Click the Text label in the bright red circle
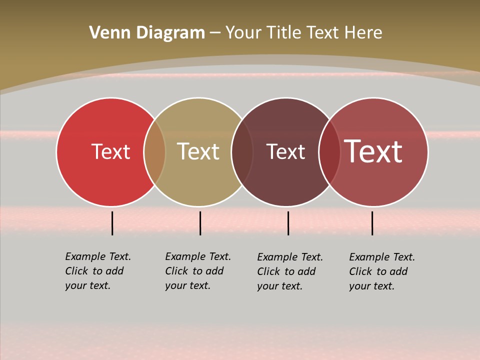[110, 152]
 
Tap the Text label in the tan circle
[198, 152]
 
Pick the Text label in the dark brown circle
[285, 152]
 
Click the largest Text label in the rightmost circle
[373, 151]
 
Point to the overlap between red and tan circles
[155, 152]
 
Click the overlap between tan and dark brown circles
[242, 152]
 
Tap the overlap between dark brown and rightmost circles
[329, 152]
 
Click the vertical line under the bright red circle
[112, 223]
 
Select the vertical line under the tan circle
[200, 223]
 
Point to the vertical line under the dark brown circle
[288, 223]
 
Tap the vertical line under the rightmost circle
[372, 223]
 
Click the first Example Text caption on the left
[98, 256]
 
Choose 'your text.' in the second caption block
[187, 285]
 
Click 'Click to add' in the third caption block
[286, 271]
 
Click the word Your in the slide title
[243, 33]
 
